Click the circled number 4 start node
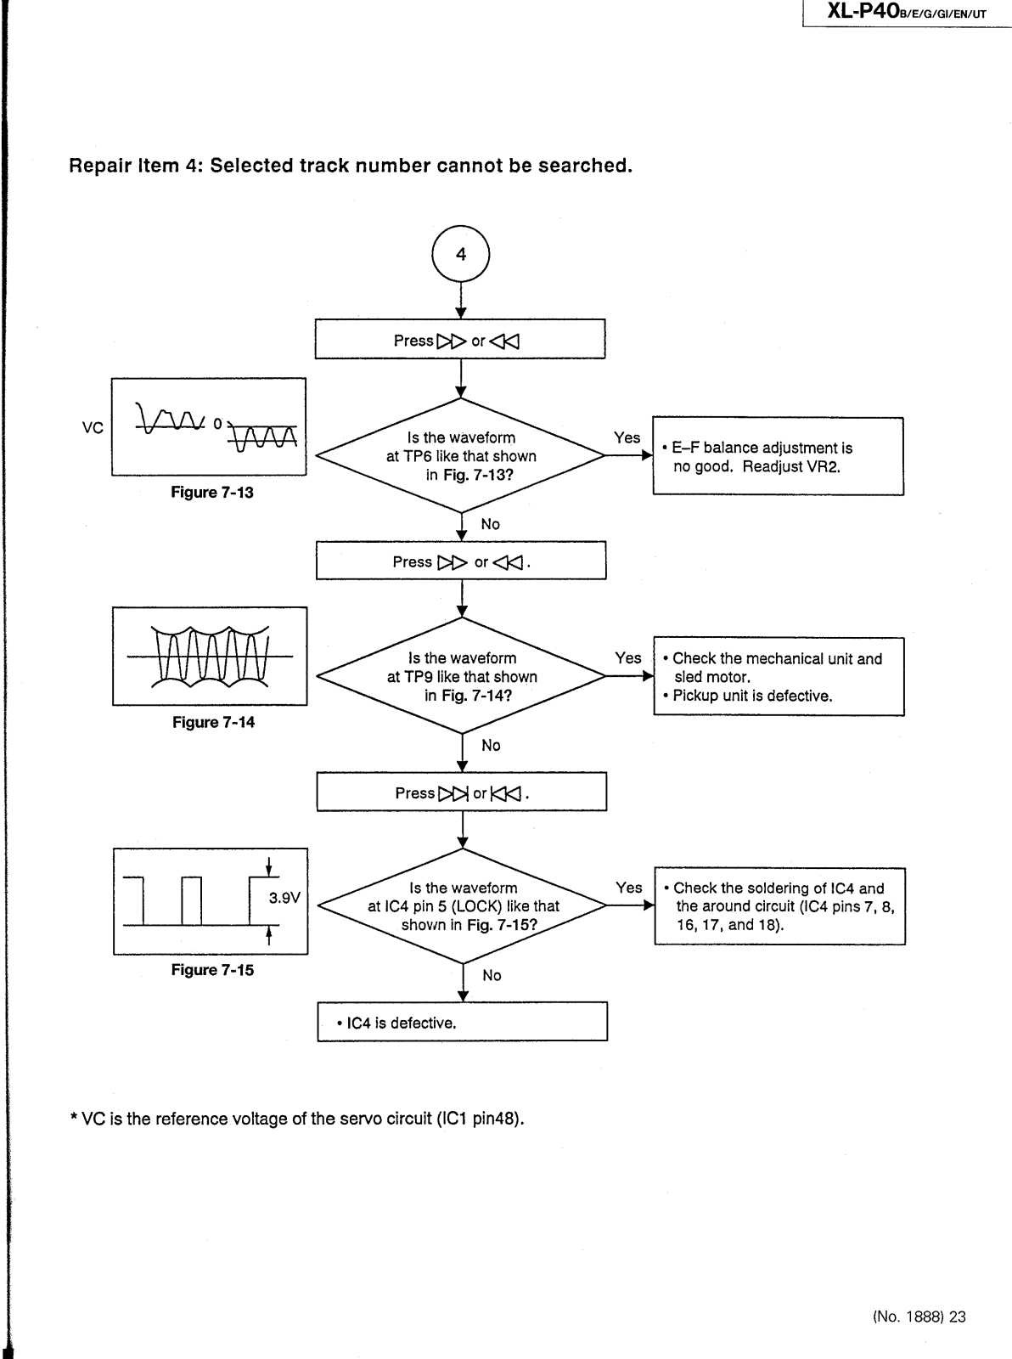461,254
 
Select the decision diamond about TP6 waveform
461,455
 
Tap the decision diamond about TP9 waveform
462,676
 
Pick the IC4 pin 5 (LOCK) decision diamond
463,905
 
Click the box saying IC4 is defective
463,1022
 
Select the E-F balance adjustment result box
778,456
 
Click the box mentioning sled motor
779,677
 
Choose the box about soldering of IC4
779,906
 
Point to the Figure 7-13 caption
212,493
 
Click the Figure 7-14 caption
213,722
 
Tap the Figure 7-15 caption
212,970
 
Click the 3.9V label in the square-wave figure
284,898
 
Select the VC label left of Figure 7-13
93,427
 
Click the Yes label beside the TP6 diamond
627,437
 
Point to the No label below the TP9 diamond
491,745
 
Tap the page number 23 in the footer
958,1317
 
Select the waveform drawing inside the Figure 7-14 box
210,656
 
